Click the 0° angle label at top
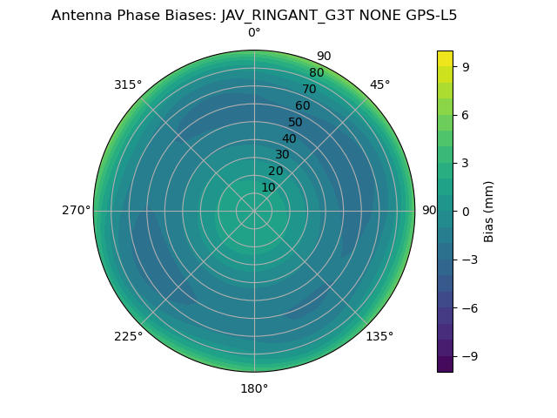click(x=254, y=33)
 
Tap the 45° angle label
click(x=379, y=84)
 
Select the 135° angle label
click(x=379, y=336)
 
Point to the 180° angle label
click(x=254, y=388)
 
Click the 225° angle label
click(x=128, y=336)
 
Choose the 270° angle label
click(x=76, y=211)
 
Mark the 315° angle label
click(x=128, y=84)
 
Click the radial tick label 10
click(x=268, y=187)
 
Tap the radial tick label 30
click(x=282, y=154)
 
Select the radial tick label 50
click(x=295, y=123)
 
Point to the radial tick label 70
click(x=309, y=90)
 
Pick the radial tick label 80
click(x=316, y=73)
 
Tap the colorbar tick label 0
click(x=466, y=211)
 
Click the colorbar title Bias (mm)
click(x=489, y=211)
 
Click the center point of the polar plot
click(x=254, y=211)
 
